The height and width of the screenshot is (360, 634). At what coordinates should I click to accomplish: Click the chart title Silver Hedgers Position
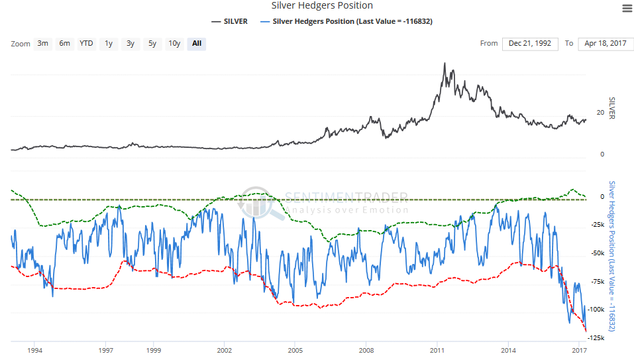pos(322,6)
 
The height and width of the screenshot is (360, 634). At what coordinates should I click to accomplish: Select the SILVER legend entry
pos(230,21)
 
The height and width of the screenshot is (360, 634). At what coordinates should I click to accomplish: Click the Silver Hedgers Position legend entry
pos(346,21)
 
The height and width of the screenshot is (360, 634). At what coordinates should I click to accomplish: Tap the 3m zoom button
pos(42,44)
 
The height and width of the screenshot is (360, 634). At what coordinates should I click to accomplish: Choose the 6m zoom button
pos(64,44)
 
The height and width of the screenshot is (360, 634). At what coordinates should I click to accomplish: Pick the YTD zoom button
pos(86,44)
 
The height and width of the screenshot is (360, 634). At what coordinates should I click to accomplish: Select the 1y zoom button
pos(109,44)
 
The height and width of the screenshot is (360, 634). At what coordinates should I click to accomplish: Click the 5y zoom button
pos(152,44)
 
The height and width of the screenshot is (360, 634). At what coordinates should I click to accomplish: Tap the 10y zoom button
pos(174,44)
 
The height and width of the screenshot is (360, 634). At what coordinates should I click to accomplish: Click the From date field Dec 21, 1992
pos(530,44)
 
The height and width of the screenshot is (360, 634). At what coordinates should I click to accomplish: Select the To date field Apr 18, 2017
pos(606,44)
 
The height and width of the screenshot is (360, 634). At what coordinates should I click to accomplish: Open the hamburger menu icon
pos(627,8)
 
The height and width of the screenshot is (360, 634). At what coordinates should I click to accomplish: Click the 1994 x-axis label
pos(34,350)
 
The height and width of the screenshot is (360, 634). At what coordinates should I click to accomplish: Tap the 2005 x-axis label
pos(295,350)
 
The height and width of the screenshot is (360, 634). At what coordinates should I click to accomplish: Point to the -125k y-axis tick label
pos(596,338)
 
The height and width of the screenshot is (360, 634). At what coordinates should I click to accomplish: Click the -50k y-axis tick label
pos(598,253)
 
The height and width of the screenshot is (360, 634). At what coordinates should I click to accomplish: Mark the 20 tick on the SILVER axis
pos(600,113)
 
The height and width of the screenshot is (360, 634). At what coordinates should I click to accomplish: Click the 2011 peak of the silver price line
pos(445,63)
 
